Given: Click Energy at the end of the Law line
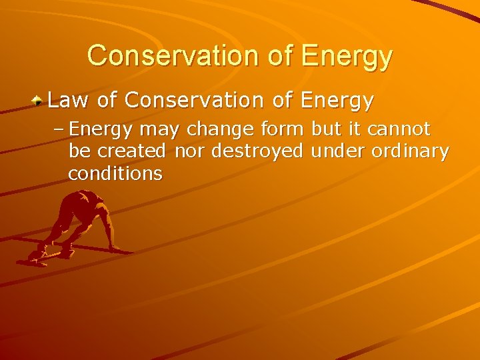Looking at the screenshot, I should tap(337, 102).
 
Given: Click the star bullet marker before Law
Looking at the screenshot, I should tap(39, 101).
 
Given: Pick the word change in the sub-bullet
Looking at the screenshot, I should tap(209, 129).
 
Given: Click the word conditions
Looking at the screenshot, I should tap(115, 173).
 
